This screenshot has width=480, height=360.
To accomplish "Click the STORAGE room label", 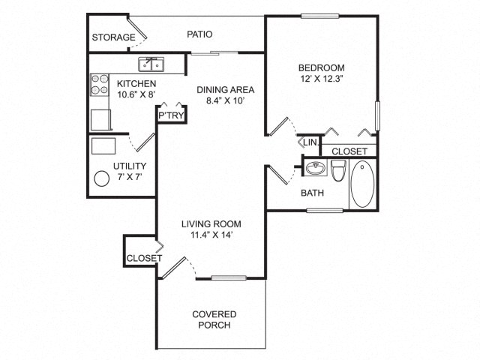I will tap(113, 37).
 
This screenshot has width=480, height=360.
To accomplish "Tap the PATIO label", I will tap(199, 34).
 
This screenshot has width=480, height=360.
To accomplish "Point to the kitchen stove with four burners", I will tap(99, 84).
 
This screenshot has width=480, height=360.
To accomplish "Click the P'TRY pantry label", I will tap(170, 116).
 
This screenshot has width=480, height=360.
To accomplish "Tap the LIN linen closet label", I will tap(309, 142).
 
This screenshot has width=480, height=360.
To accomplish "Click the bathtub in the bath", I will tap(364, 184).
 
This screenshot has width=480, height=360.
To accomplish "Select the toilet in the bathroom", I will tap(338, 172).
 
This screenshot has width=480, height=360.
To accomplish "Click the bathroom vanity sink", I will tap(316, 169).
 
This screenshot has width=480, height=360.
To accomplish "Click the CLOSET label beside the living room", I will tap(144, 258).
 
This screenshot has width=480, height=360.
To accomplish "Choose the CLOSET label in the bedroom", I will tap(349, 151).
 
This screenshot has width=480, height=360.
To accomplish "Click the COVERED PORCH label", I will tap(214, 319).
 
